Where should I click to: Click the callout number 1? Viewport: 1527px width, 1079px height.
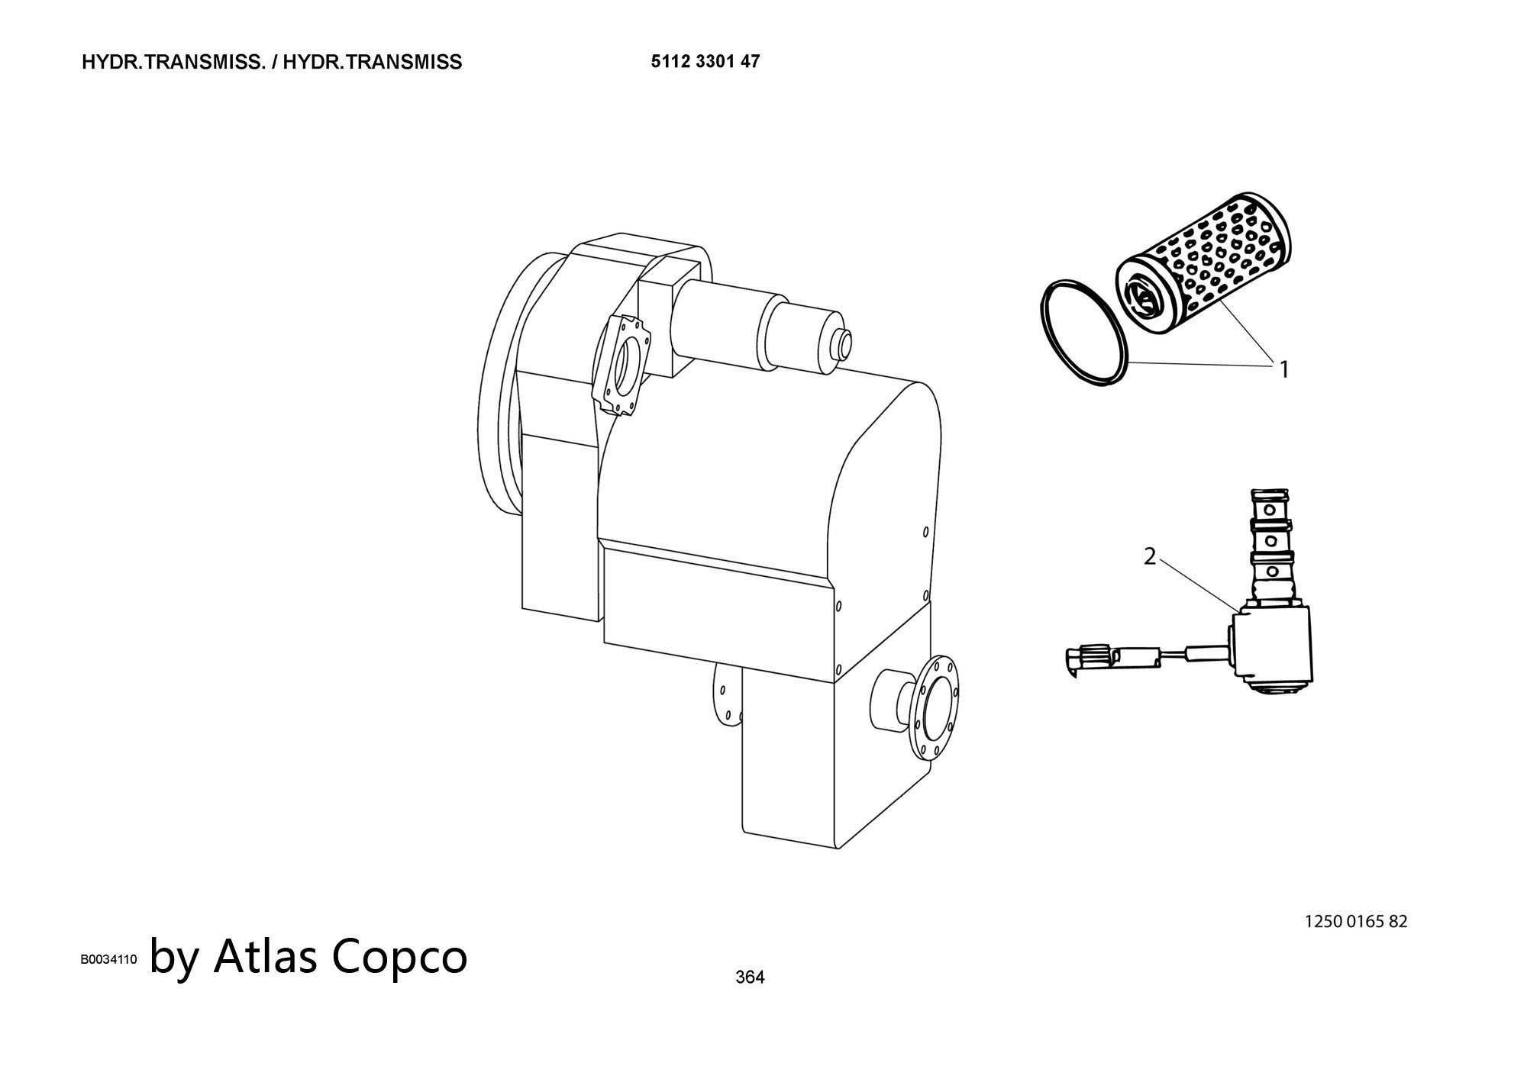pos(1284,369)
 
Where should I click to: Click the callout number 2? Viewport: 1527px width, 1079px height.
pos(1150,557)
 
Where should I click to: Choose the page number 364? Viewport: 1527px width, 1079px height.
pos(750,977)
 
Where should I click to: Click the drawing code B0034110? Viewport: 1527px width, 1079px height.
pos(108,959)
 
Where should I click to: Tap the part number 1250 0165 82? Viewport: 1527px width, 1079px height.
pos(1356,921)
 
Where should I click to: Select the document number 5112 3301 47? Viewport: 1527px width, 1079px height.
pos(705,61)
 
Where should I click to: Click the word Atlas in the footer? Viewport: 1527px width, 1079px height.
pos(265,955)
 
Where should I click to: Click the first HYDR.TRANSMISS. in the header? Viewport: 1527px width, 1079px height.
pos(173,63)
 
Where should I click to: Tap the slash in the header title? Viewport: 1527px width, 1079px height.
pos(274,63)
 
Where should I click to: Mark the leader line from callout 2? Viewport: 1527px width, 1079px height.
pos(1199,585)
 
